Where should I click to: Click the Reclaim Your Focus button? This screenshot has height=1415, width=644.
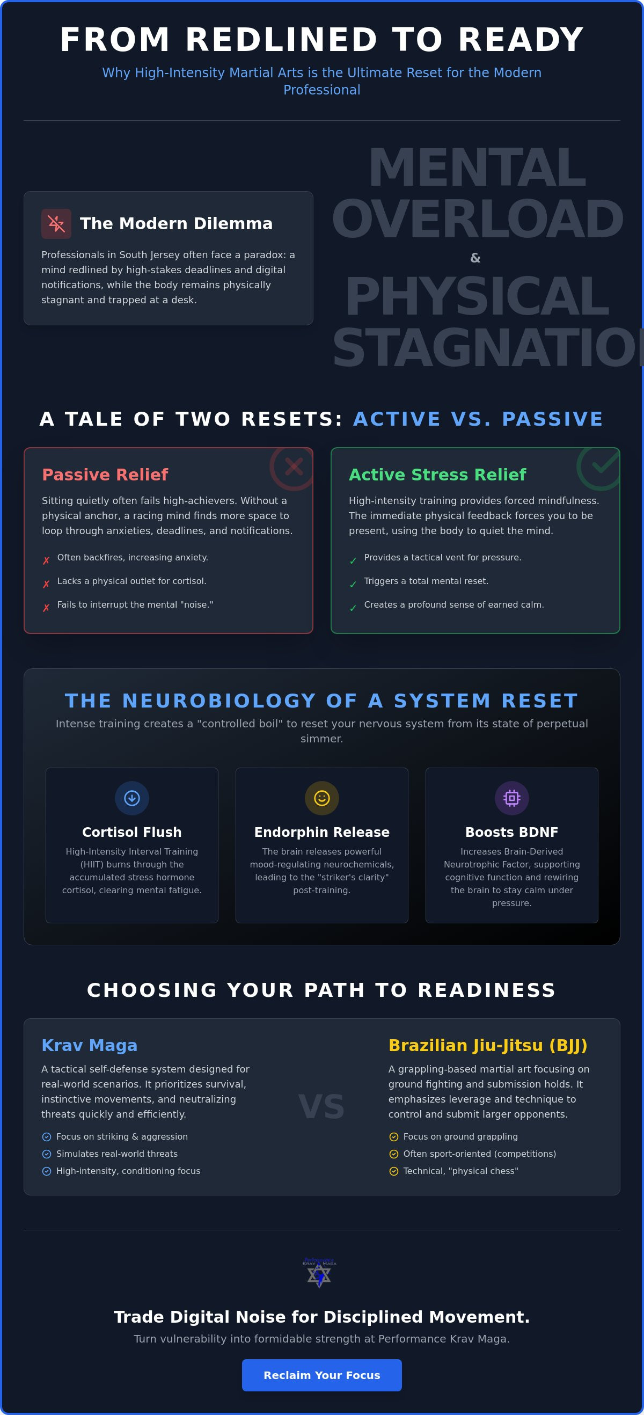pos(321,1375)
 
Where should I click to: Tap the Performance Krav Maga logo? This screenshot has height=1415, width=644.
pos(319,1273)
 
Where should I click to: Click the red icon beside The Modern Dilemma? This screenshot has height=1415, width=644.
pos(56,223)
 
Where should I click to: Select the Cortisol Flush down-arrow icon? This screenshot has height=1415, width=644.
pos(132,798)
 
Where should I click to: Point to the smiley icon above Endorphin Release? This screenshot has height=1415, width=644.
pos(321,798)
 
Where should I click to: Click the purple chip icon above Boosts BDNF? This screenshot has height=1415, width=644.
pos(511,798)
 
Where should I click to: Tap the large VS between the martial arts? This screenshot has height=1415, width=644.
pos(321,1107)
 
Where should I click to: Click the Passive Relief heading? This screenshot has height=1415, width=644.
pos(105,475)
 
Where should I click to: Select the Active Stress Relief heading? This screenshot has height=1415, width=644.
pos(437,475)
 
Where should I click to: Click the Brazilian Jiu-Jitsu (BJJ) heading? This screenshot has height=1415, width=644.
pos(487,1045)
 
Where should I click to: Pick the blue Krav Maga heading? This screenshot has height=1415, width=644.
pos(90,1045)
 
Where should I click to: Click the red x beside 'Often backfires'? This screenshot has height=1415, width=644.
pos(46,561)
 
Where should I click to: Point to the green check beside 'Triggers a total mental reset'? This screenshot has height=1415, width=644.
pos(353,585)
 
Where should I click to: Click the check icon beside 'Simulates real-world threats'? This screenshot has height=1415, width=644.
pos(47,1154)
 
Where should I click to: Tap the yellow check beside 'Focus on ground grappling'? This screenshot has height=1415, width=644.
pos(394,1137)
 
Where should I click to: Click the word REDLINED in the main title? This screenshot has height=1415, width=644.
pos(282,40)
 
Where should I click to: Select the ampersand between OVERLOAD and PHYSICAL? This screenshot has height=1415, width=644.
pos(475,258)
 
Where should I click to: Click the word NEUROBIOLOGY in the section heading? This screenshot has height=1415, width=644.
pos(219,701)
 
